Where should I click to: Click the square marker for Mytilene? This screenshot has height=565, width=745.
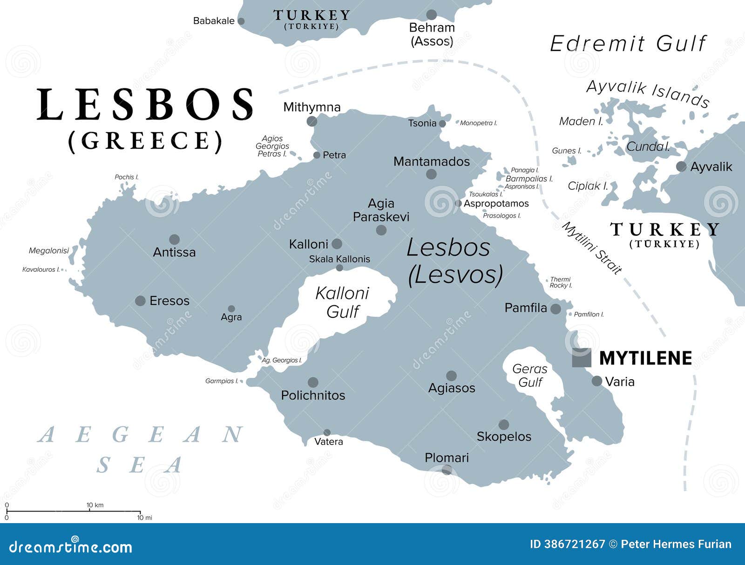coord(582,357)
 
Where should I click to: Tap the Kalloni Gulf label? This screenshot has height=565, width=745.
coord(343,303)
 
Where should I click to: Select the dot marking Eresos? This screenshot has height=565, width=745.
coord(140,301)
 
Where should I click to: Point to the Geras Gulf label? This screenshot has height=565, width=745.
coord(530,376)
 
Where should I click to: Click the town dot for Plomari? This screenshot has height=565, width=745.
coord(447,470)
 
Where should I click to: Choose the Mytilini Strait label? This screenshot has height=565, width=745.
coord(592,248)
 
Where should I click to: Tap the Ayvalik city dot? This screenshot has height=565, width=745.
coord(681,167)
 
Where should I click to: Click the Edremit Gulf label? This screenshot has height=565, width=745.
coord(628,44)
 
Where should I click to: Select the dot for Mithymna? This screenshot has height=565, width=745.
coord(312,121)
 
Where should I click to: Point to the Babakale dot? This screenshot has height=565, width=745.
coord(241,21)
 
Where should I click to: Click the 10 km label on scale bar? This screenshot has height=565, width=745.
coord(95,505)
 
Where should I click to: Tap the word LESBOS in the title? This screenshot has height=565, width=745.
coord(146,105)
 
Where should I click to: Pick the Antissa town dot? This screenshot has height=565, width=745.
coord(174,240)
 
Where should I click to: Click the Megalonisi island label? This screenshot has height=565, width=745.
coord(48,251)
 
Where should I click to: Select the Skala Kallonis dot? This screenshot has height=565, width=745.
coord(339,268)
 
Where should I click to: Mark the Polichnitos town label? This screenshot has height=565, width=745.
coord(313,395)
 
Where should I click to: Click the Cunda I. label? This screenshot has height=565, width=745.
coord(648,147)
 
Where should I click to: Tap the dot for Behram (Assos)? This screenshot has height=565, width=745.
coord(432,15)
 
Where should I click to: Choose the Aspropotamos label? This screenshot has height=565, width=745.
coord(496,203)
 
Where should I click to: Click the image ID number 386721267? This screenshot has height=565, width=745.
coord(574,544)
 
